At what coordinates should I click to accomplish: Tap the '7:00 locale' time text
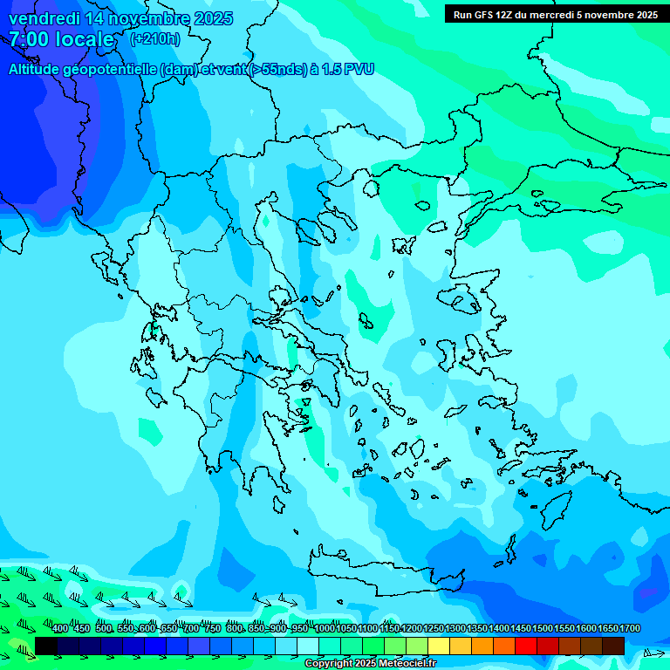coord(61,39)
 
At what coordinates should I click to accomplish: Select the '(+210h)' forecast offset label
coord(156,39)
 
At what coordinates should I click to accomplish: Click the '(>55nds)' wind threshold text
coord(277,69)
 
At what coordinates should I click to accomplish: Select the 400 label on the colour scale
coord(60,629)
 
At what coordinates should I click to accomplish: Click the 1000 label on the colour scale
coord(325,629)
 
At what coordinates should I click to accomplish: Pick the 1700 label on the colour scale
coord(630,629)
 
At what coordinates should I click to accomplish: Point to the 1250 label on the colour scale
coord(434,629)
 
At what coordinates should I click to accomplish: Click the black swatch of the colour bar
coord(46,646)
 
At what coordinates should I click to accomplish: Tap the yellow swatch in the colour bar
coord(439,646)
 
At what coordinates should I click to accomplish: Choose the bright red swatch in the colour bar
coord(526,646)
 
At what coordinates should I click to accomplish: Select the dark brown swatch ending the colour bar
coord(613,646)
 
